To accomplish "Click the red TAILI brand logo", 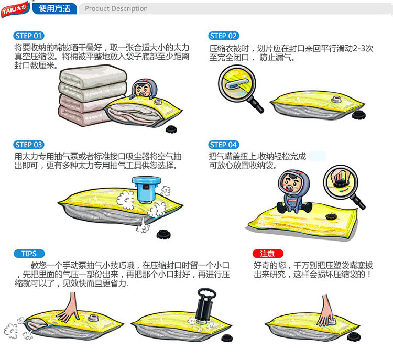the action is click(x=15, y=9).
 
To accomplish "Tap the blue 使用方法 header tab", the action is click(x=54, y=8).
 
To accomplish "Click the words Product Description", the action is click(x=116, y=8).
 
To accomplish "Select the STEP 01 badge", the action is click(x=29, y=36).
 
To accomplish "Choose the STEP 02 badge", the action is click(x=223, y=36).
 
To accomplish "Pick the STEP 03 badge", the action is click(x=29, y=145).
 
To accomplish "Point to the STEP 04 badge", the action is click(x=223, y=145).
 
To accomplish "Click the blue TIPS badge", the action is click(x=29, y=254).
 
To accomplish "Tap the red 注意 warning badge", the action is click(x=268, y=254).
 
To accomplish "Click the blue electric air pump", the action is click(x=146, y=189).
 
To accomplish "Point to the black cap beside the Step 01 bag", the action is click(x=171, y=129).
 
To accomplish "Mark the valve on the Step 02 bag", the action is click(x=336, y=99).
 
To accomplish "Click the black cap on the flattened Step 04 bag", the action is click(x=331, y=216).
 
